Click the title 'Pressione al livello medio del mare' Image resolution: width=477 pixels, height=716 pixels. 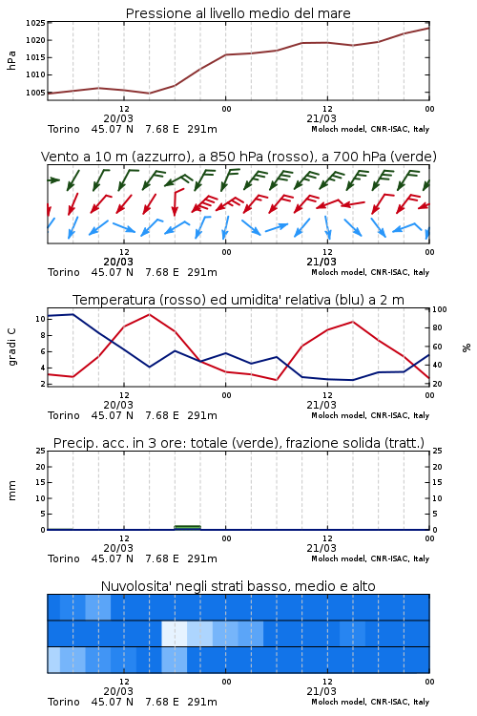(238, 13)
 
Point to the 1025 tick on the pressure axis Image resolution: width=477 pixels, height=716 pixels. (35, 23)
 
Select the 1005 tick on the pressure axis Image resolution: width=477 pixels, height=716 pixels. (35, 93)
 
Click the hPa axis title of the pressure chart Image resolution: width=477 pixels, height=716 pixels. (11, 60)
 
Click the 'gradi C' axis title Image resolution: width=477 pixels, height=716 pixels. (11, 347)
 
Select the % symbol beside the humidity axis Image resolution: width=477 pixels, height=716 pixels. (467, 347)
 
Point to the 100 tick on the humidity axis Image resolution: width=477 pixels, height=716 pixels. (439, 309)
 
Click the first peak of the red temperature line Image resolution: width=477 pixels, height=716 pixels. (149, 314)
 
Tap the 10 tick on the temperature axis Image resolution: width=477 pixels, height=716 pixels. (40, 319)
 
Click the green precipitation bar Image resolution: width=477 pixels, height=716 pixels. (188, 527)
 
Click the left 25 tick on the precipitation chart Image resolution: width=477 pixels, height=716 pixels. (41, 451)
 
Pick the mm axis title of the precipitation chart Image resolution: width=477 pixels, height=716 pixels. (11, 491)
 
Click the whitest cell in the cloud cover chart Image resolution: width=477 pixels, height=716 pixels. (175, 633)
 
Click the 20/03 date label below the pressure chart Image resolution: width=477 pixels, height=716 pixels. (118, 118)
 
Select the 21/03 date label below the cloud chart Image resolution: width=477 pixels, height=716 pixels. (321, 691)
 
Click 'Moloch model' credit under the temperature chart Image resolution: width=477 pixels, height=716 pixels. (339, 415)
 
